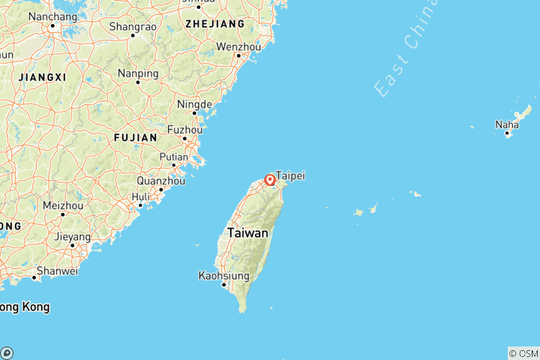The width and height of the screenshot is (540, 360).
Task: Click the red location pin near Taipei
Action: pyautogui.click(x=269, y=180)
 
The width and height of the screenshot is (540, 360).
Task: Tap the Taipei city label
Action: pyautogui.click(x=290, y=175)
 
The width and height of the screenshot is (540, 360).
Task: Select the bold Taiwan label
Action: pyautogui.click(x=247, y=233)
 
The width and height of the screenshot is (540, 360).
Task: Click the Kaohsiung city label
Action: pyautogui.click(x=224, y=275)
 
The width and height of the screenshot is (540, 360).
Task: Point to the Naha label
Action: pyautogui.click(x=506, y=124)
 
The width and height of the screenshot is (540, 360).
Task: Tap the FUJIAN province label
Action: pyautogui.click(x=135, y=138)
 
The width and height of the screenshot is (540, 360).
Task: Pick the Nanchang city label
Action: pyautogui.click(x=53, y=16)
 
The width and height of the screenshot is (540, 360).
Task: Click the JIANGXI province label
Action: pyautogui.click(x=43, y=77)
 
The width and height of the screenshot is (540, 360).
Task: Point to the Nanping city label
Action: pyautogui.click(x=138, y=73)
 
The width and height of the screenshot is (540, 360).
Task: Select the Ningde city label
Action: pyautogui.click(x=194, y=104)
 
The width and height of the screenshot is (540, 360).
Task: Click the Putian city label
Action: pyautogui.click(x=173, y=157)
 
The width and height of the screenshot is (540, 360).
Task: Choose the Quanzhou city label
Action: pyautogui.click(x=160, y=181)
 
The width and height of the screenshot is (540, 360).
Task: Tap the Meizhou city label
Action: pyautogui.click(x=63, y=205)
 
